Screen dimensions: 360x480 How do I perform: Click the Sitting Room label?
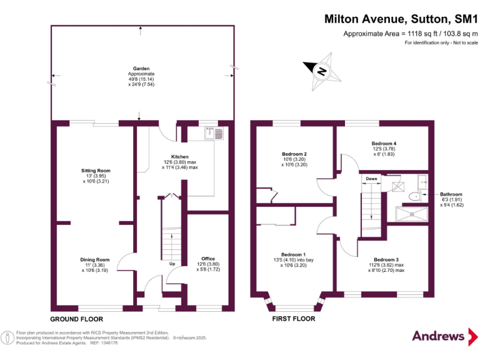pyautogui.click(x=96, y=170)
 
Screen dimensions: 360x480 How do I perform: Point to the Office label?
pyautogui.click(x=208, y=258)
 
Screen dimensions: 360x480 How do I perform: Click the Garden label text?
pyautogui.click(x=141, y=69)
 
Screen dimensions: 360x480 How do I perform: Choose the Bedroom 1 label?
pyautogui.click(x=293, y=254)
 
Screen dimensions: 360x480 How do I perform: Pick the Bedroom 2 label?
pyautogui.click(x=294, y=154)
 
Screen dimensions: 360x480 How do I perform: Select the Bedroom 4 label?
pyautogui.click(x=384, y=143)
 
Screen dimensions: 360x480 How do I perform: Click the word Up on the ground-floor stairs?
pyautogui.click(x=171, y=263)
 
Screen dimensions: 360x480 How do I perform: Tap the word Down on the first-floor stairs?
pyautogui.click(x=371, y=178)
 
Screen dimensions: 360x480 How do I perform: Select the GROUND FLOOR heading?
pyautogui.click(x=77, y=318)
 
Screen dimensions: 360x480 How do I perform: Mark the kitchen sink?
pyautogui.click(x=210, y=133)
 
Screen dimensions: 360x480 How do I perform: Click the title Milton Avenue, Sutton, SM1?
pyautogui.click(x=400, y=19)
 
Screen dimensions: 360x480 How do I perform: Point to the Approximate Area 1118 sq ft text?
pyautogui.click(x=410, y=34)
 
